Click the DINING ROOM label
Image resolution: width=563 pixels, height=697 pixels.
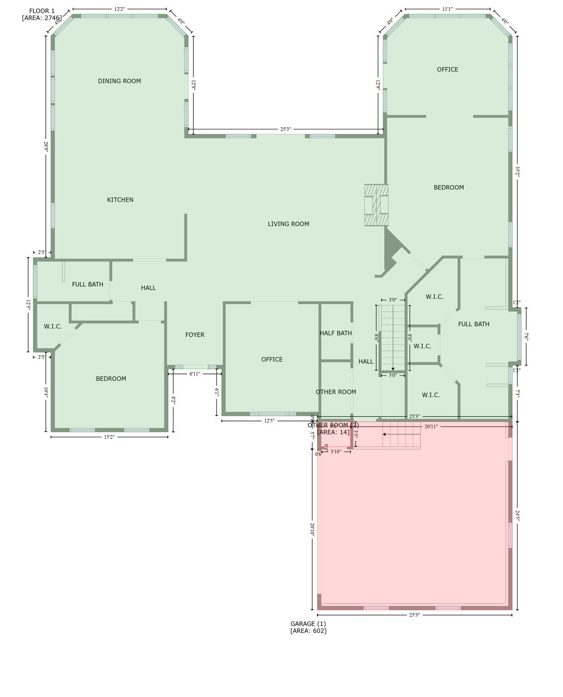(119, 81)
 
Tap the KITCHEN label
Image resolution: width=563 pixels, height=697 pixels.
(120, 200)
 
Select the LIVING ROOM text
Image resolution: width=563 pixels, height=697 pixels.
(288, 224)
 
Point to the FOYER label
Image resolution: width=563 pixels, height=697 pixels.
(195, 335)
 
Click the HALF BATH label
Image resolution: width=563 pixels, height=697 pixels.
(336, 333)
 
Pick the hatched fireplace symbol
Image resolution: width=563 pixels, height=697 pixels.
(377, 205)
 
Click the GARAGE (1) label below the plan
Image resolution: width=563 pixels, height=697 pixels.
(308, 624)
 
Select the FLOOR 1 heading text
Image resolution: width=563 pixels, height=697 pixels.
(42, 11)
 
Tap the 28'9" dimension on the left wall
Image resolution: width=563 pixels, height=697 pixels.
(46, 147)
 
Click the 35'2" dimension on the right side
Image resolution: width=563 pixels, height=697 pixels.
(517, 172)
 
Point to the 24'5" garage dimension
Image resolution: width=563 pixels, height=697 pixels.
(517, 515)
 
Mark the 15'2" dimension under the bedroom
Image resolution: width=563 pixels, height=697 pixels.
(109, 437)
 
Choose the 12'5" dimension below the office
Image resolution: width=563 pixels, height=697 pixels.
(269, 421)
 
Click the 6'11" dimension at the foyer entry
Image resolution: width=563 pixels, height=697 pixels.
(194, 374)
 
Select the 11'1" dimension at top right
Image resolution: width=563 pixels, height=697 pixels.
(447, 9)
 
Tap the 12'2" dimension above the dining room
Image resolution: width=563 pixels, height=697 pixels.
(119, 9)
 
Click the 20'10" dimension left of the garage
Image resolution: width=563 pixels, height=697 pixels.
(312, 529)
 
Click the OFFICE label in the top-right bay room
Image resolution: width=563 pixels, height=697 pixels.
(447, 69)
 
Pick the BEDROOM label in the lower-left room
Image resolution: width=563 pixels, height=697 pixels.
(111, 379)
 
